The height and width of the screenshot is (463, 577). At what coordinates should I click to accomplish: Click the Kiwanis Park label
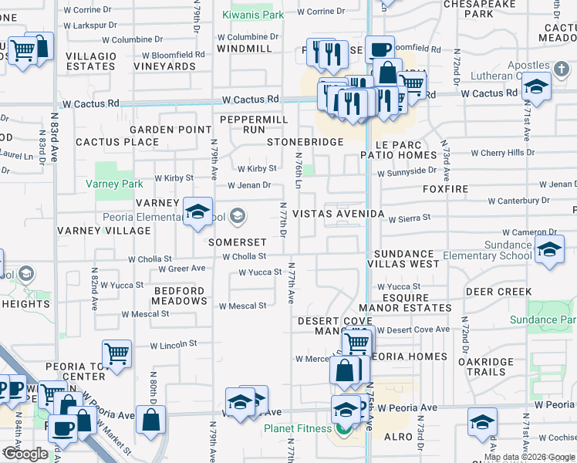click(252, 15)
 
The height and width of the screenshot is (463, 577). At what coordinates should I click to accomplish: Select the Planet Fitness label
click(298, 429)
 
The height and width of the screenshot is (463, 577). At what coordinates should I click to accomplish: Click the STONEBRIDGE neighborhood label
click(305, 143)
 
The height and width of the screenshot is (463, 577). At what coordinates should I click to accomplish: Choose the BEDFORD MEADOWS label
click(179, 296)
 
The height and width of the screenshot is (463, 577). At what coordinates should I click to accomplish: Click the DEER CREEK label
click(498, 292)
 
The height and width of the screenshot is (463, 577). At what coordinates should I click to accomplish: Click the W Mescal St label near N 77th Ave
click(242, 306)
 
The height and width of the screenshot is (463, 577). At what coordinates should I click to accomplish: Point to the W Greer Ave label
click(182, 269)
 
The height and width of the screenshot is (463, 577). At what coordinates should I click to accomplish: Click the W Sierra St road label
click(410, 218)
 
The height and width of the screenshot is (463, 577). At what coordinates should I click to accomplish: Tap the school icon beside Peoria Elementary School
click(198, 212)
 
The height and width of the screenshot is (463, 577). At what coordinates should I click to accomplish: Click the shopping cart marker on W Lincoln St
click(117, 354)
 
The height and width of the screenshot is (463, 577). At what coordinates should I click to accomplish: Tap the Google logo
click(26, 454)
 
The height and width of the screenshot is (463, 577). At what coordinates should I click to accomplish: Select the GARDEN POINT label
click(170, 130)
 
